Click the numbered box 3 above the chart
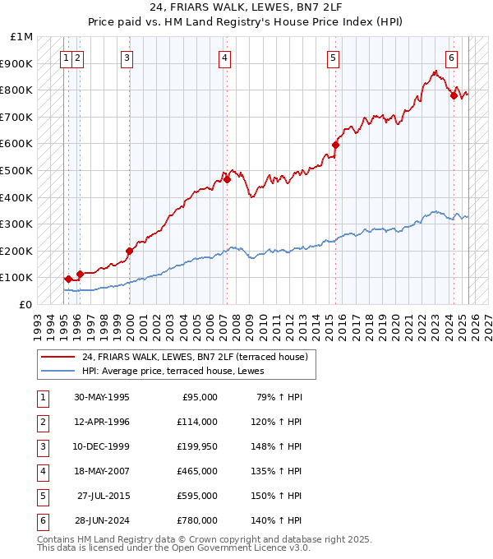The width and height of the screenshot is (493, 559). point(128,58)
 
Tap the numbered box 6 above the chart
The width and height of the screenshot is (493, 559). point(452,58)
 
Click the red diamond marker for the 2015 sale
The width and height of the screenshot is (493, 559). point(335,145)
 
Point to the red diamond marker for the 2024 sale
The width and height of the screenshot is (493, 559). point(454,95)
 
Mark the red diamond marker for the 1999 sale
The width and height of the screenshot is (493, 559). point(129,251)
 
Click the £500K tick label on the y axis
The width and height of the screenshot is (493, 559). point(16,170)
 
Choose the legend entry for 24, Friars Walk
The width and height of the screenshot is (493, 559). point(195,357)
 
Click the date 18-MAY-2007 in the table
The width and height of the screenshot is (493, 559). point(102,471)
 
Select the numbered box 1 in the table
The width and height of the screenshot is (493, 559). point(42,397)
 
